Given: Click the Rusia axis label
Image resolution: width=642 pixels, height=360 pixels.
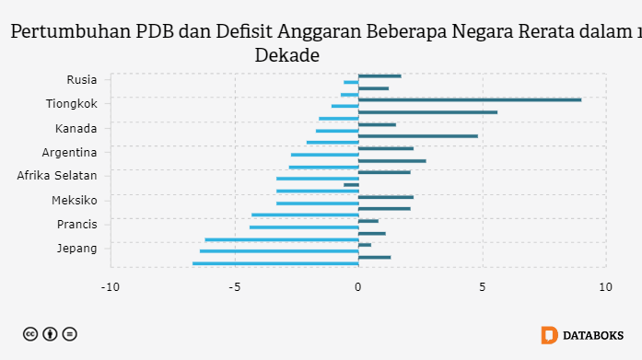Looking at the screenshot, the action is pos(82,79).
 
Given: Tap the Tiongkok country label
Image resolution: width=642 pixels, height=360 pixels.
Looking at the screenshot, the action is pos(72,103).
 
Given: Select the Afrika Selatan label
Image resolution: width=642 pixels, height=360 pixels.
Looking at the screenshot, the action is pos(57,176).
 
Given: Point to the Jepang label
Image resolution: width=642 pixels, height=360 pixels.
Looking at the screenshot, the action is pos(77,249).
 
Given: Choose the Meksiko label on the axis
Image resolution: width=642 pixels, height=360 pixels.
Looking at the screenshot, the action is pos(75,201).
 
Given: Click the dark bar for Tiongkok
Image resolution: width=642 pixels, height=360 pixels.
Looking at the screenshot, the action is pos(470,99).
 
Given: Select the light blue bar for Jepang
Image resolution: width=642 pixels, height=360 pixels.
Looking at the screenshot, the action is pos(279,251).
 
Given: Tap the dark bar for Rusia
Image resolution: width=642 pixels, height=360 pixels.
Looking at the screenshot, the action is pos(379,76).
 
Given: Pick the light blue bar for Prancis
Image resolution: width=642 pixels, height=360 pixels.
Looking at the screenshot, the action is pos(304,227).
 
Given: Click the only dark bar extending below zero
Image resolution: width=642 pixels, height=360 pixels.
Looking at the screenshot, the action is pos(351,185).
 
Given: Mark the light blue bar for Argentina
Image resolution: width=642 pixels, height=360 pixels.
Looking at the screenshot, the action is pos(325,155).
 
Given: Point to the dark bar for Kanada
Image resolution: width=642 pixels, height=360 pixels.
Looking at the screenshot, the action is pos(377,124).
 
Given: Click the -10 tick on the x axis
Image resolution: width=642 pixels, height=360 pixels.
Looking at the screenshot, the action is pos(111,287).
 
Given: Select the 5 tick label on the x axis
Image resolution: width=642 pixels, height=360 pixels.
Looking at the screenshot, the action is pos(483,287).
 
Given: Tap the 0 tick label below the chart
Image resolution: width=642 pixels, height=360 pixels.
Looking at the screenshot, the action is pos(358,287).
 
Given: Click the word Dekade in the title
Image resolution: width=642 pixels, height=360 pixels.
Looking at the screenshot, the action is pos(287,55).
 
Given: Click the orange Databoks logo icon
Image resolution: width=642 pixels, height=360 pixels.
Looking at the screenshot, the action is pos(549,335).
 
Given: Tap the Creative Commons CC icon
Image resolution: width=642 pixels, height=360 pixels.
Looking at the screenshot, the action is pos(30,334).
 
